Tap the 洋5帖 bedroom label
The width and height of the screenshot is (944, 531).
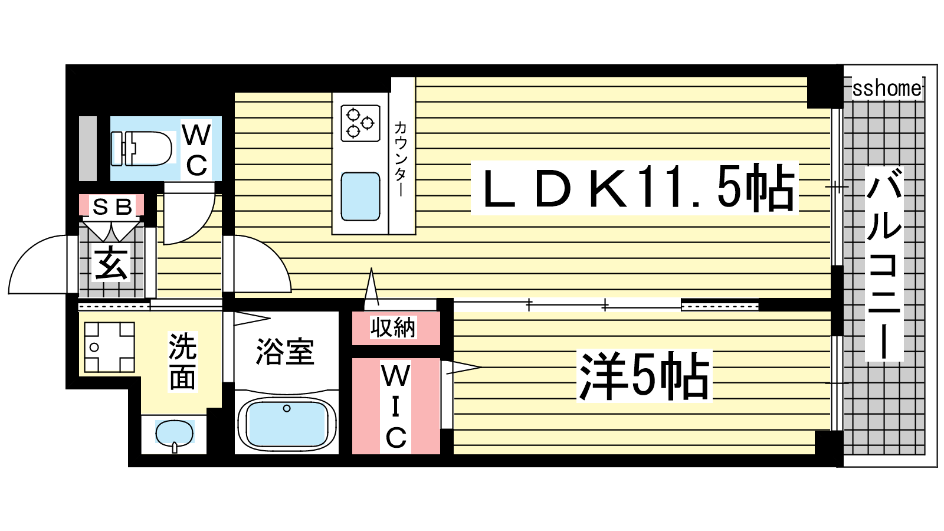point(644,376)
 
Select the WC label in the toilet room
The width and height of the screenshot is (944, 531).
point(196,150)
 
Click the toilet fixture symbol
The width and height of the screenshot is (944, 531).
point(142,148)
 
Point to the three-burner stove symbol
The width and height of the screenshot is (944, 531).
point(360,123)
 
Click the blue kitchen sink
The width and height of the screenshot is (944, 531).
point(360,196)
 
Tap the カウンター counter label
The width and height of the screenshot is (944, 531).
point(401,159)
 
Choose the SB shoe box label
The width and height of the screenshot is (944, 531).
point(112,206)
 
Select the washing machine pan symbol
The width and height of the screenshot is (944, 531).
point(110,348)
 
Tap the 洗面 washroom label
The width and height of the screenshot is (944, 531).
point(182,361)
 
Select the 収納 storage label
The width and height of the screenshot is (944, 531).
point(393,327)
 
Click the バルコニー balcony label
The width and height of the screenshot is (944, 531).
point(884,263)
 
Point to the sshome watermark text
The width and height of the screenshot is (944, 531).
point(887,88)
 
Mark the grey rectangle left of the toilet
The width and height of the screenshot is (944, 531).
point(88,148)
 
